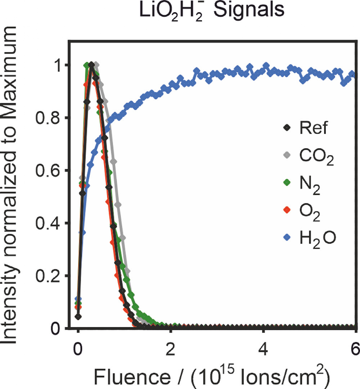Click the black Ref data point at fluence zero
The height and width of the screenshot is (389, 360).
pos(79,317)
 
